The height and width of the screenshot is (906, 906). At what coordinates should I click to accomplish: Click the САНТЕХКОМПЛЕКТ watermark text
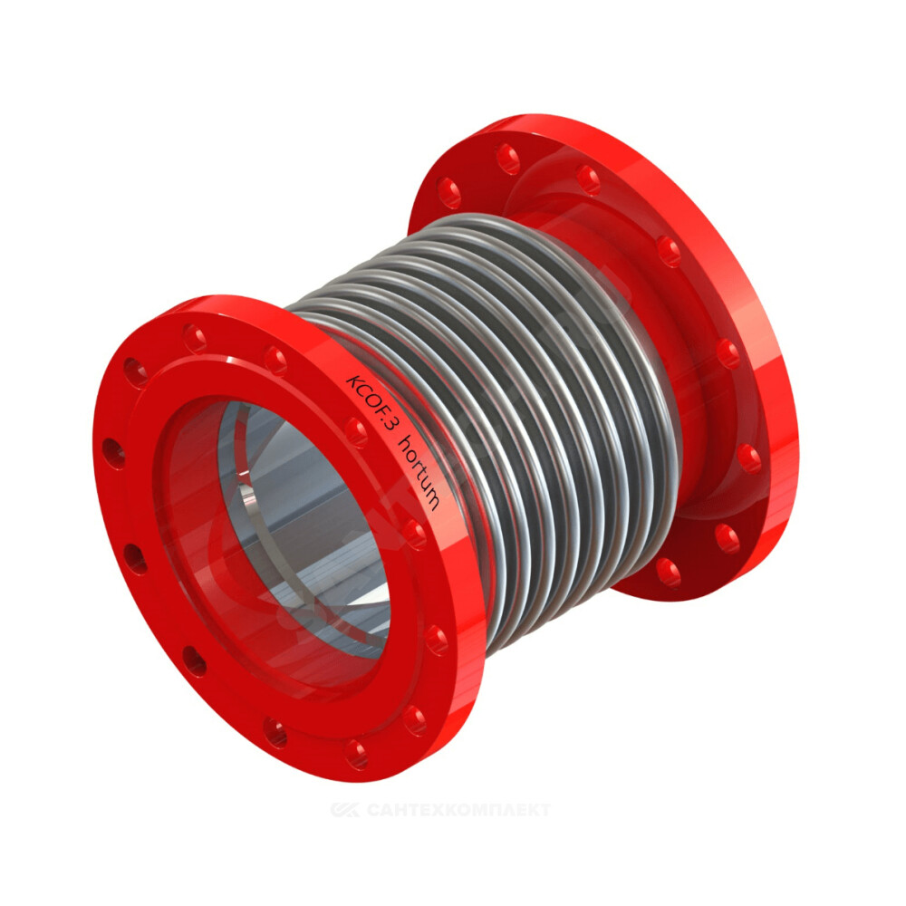[x=458, y=810]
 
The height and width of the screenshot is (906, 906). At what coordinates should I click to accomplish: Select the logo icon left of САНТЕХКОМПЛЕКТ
[x=345, y=810]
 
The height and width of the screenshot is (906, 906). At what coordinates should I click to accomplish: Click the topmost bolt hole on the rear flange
[x=507, y=159]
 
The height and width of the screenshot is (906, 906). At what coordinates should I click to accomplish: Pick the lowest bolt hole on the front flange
[x=356, y=753]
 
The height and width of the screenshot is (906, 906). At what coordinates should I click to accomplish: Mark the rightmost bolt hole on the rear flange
[x=749, y=458]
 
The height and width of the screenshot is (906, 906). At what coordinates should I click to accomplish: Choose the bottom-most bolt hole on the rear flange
[x=668, y=573]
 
